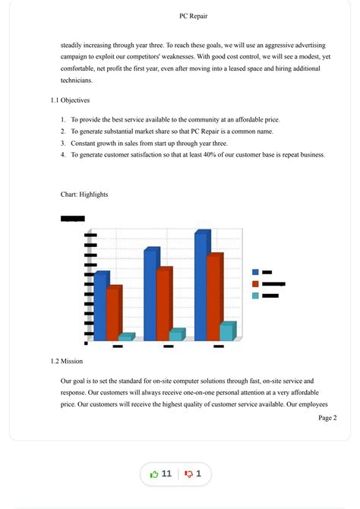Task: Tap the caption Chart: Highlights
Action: tap(84, 194)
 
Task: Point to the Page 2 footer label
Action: tap(327, 418)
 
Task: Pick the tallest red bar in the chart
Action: tap(214, 296)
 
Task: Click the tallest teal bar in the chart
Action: tap(226, 332)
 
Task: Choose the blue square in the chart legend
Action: tap(255, 272)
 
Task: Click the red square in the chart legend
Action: tap(255, 283)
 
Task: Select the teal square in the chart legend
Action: tap(255, 296)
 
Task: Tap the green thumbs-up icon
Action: tap(154, 474)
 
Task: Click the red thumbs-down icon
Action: tap(188, 474)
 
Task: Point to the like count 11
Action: tap(166, 474)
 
